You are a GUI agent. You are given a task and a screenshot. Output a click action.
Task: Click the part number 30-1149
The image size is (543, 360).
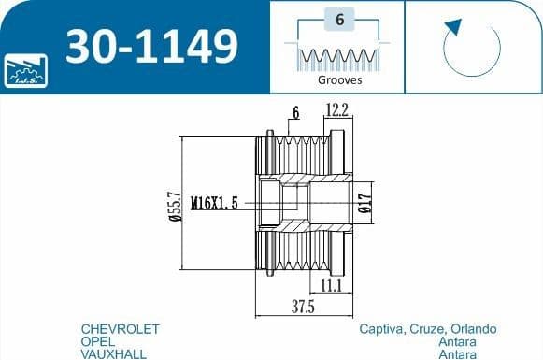click(x=150, y=45)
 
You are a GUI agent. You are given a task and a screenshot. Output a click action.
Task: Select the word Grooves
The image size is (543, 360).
click(x=340, y=80)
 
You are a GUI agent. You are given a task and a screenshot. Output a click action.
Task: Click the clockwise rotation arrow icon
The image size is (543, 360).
click(x=472, y=48)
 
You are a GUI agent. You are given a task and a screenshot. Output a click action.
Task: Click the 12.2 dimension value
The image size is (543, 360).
click(x=337, y=111)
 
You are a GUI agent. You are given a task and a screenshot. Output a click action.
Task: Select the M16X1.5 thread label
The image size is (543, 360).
click(x=214, y=202)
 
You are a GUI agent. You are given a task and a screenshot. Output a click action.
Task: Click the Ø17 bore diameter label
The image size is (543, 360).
click(x=364, y=203)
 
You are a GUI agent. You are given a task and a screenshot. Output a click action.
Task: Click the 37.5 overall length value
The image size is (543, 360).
click(x=301, y=307)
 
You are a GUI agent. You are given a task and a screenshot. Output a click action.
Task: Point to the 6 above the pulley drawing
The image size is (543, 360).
click(x=295, y=112)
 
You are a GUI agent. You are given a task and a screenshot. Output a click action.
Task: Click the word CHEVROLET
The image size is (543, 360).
click(x=121, y=329)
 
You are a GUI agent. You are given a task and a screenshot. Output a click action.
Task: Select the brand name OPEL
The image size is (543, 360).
click(x=100, y=342)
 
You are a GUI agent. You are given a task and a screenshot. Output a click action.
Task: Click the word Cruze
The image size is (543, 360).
click(x=427, y=329)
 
